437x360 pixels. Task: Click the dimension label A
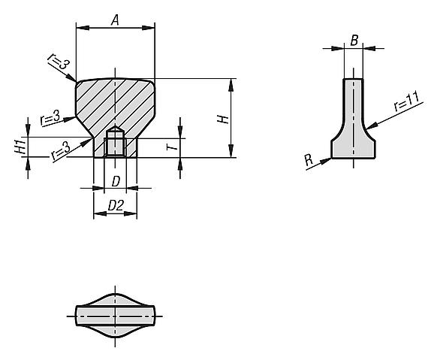click(x=115, y=20)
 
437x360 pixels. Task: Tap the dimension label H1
click(x=22, y=147)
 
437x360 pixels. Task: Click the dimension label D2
click(x=115, y=204)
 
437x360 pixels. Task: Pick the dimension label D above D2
click(x=115, y=181)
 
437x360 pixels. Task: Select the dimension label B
click(x=353, y=41)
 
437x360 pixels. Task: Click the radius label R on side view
click(x=308, y=160)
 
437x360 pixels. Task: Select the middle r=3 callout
click(x=50, y=119)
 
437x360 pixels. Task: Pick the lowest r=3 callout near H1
click(x=62, y=151)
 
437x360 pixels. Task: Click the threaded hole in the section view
click(x=114, y=142)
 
